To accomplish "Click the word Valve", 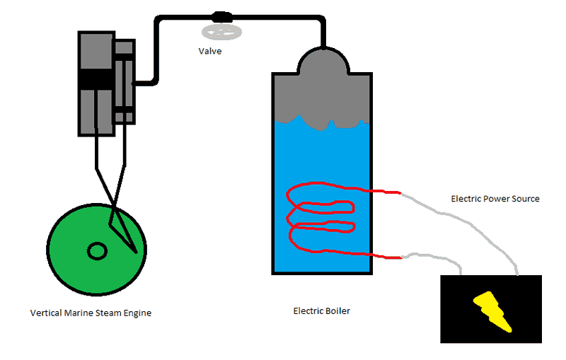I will [210, 51].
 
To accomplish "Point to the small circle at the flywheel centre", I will [96, 250].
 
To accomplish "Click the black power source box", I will [460, 311].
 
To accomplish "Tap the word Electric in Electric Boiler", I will [309, 310].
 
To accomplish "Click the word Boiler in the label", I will [337, 310].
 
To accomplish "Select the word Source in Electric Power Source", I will [524, 199].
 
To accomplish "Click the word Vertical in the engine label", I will [46, 313].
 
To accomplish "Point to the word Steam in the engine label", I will [108, 313].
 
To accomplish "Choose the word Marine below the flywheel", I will [78, 313].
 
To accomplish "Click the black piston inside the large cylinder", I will [96, 79].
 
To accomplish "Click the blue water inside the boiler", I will [323, 156].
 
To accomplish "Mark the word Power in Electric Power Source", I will [495, 199].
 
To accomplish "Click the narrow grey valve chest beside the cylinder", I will [125, 81].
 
